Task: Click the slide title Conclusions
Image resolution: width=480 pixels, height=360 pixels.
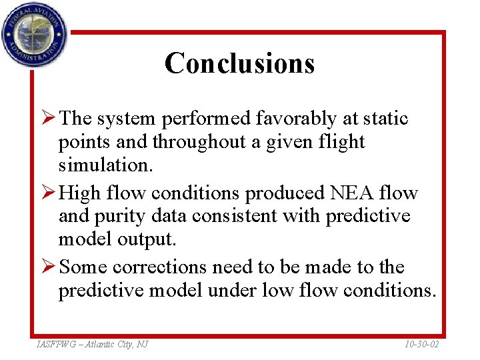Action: pyautogui.click(x=239, y=63)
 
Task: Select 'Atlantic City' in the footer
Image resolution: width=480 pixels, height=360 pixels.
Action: pyautogui.click(x=108, y=344)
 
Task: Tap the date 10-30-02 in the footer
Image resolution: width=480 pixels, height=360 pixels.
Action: pyautogui.click(x=422, y=344)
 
